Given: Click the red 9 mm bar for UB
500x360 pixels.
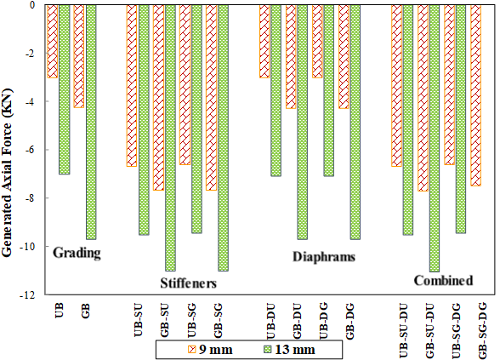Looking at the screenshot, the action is point(53,41).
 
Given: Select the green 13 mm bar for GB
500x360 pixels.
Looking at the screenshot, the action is point(91,122).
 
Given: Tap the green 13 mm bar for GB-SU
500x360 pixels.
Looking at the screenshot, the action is point(171,138).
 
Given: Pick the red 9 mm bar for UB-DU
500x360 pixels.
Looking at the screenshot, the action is point(264,41).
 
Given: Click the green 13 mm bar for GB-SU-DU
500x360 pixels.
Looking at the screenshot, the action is point(435,138).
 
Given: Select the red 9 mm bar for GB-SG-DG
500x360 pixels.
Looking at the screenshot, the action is point(476,95).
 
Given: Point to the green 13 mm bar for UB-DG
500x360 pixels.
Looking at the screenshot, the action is point(329,90).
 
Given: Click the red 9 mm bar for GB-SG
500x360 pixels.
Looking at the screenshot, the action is point(211,97).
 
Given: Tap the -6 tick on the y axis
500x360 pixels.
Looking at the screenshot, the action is point(43,150).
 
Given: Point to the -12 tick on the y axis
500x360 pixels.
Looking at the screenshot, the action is point(43,294).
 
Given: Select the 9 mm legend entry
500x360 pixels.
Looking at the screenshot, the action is point(211,350).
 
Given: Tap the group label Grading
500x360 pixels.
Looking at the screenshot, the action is point(77,253).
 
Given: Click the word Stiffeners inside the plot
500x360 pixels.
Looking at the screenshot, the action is point(189,283).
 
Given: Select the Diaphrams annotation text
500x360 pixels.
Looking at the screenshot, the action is point(324,257).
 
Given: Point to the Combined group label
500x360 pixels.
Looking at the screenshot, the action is point(443,281).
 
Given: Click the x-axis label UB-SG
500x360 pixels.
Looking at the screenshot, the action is point(192,321).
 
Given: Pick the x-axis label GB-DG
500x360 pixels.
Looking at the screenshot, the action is point(350,322).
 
